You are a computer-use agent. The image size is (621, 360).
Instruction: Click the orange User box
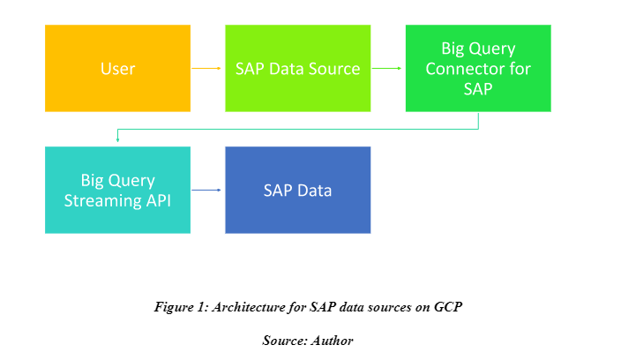tap(117, 68)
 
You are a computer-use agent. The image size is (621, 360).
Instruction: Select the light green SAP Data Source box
tap(298, 68)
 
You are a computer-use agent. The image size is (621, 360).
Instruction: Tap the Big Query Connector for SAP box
tap(478, 68)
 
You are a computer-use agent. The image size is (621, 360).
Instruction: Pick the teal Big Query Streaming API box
tap(117, 190)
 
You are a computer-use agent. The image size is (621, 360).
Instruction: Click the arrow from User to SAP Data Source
tap(207, 68)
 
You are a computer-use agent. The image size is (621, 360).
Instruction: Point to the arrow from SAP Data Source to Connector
tap(388, 68)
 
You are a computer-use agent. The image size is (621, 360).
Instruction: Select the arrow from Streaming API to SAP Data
tap(207, 190)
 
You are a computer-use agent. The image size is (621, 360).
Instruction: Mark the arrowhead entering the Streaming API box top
tap(117, 141)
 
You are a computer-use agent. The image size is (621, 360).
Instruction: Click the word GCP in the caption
tap(450, 307)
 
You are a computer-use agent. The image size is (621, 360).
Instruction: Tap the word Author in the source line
tap(332, 339)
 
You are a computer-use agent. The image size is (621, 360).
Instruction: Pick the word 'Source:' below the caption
tap(284, 339)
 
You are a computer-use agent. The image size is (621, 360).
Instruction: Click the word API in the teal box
tap(157, 199)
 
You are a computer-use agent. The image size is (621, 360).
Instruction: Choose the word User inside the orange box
tap(117, 68)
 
